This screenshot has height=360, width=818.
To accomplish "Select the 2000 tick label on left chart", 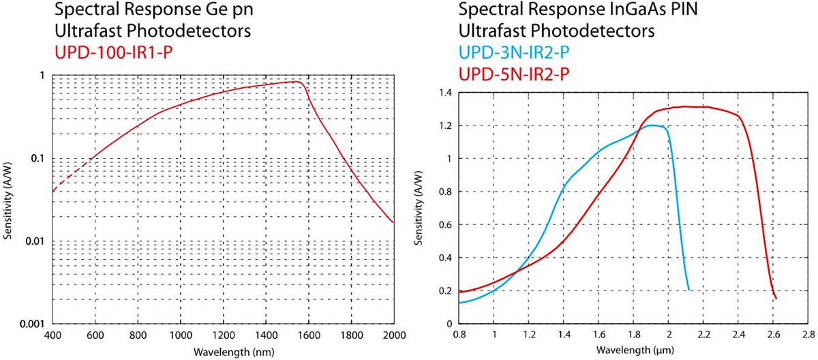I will click(x=393, y=335).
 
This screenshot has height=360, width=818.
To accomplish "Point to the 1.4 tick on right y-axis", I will click(x=445, y=92).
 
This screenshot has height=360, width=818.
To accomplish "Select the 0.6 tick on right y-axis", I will click(x=445, y=224).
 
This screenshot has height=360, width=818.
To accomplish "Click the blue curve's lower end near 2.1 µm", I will click(x=689, y=289).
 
